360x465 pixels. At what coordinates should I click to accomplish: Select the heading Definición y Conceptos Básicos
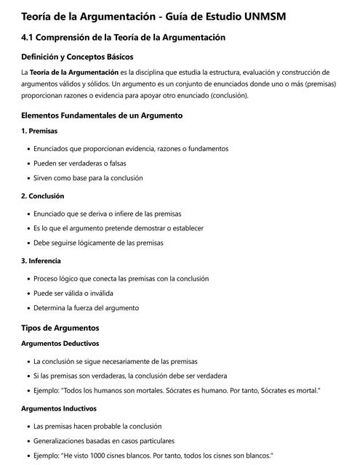(77, 57)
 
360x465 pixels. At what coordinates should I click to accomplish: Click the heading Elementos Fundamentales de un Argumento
(102, 115)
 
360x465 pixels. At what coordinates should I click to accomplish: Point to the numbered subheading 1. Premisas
(39, 131)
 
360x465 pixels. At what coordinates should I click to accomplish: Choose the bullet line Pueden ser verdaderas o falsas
(80, 163)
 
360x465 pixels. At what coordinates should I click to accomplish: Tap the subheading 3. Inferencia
(41, 261)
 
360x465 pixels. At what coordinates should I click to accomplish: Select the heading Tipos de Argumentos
(60, 328)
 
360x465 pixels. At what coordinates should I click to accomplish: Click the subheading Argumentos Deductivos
(60, 343)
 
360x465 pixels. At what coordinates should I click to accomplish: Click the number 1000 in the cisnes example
(95, 456)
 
